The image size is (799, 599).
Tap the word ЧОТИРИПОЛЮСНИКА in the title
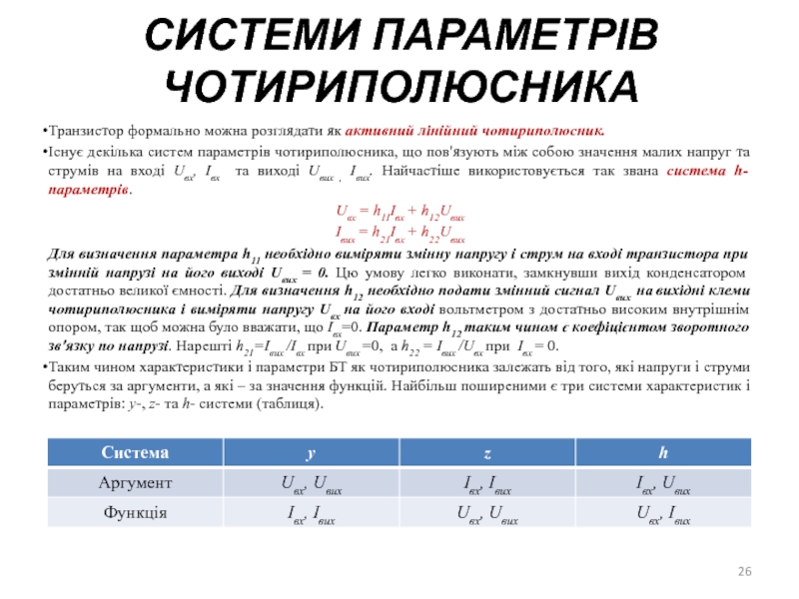[399, 87]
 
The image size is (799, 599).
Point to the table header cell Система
[133, 453]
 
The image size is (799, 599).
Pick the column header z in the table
[486, 453]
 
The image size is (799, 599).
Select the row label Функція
[133, 513]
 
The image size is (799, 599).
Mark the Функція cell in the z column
[486, 515]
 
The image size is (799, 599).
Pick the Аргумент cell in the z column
[486, 484]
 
